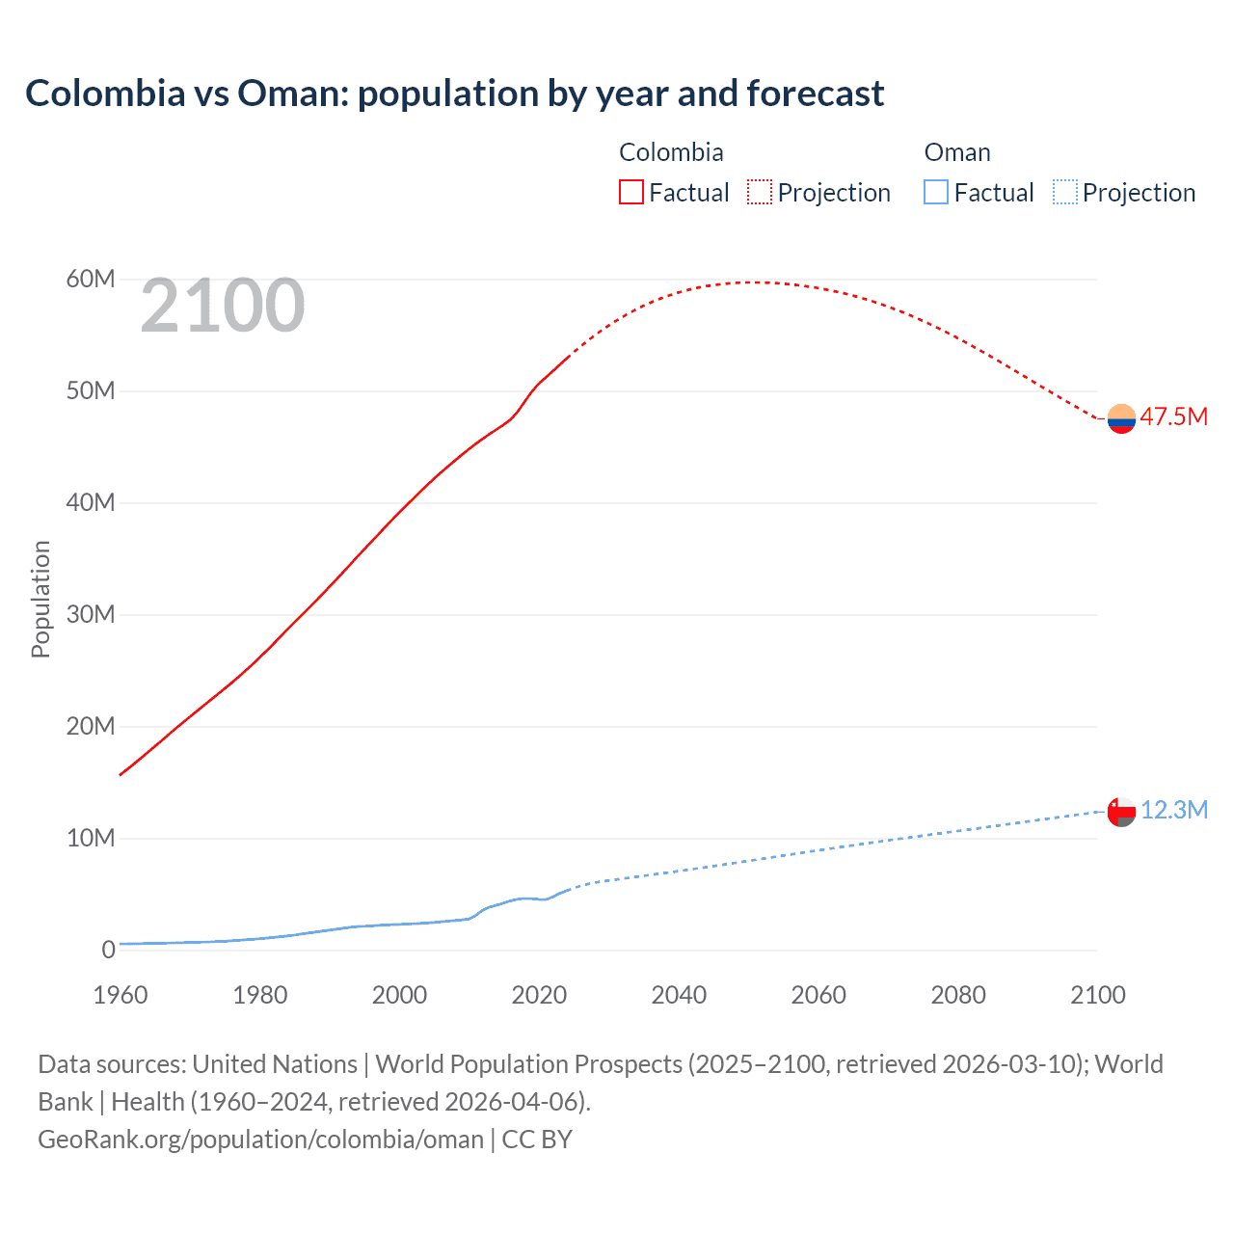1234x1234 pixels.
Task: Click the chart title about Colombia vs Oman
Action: [454, 94]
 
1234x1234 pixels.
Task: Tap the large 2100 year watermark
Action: [223, 306]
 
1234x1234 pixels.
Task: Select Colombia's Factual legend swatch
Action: [631, 192]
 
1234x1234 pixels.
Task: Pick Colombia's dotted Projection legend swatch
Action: [760, 192]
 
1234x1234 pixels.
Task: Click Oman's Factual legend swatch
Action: [936, 192]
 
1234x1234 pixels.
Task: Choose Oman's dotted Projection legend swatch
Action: [1064, 192]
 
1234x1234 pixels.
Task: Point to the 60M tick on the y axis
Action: [91, 280]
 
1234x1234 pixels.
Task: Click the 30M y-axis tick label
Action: [91, 615]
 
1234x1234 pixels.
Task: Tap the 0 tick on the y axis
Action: [108, 950]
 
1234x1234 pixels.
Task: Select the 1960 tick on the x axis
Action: [121, 995]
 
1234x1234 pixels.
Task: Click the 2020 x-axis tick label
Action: [539, 995]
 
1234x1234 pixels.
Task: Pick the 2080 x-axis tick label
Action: [958, 995]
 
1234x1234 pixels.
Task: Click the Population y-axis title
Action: [40, 599]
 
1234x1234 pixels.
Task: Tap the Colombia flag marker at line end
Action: [1121, 418]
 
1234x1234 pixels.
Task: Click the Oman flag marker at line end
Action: [1121, 812]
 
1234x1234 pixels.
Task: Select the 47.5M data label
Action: [1173, 416]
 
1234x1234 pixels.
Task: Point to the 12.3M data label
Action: [1173, 810]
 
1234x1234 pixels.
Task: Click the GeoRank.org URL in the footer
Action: [260, 1140]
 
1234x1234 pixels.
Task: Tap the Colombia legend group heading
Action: [671, 152]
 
